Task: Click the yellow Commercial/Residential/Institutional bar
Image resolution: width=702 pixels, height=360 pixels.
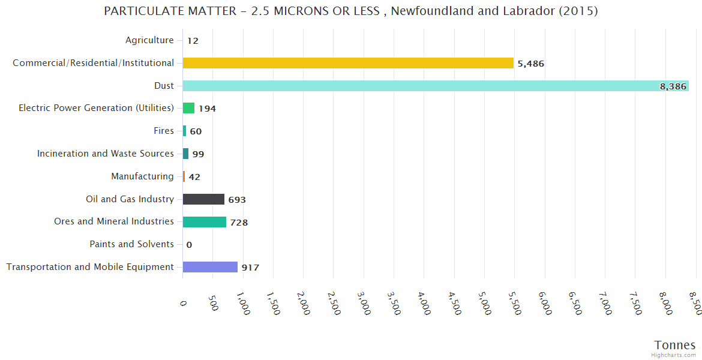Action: [x=348, y=63]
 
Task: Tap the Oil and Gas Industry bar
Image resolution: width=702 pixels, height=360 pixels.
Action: [x=203, y=199]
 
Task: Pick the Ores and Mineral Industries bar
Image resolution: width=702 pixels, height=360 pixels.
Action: [x=205, y=222]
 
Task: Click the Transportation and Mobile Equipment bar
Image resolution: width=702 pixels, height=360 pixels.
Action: [x=210, y=267]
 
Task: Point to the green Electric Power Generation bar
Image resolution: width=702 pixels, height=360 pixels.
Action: [x=188, y=108]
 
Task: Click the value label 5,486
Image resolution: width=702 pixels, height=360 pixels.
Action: [x=530, y=64]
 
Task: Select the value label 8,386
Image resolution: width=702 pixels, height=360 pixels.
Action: [x=673, y=86]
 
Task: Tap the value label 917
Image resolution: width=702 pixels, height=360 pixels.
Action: [x=250, y=268]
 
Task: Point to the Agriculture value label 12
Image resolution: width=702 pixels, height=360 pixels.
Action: [x=193, y=41]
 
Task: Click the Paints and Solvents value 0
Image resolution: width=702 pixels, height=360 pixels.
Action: [x=189, y=245]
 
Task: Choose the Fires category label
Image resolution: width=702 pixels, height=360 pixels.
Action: [x=164, y=131]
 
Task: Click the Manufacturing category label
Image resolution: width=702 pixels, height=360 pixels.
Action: [x=142, y=176]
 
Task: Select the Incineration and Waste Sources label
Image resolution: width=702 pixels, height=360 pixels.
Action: [x=106, y=154]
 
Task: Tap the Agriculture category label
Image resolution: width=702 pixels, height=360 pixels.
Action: [x=149, y=40]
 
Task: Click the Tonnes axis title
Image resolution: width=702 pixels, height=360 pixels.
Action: [x=674, y=345]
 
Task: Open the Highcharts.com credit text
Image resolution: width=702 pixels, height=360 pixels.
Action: [x=673, y=355]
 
